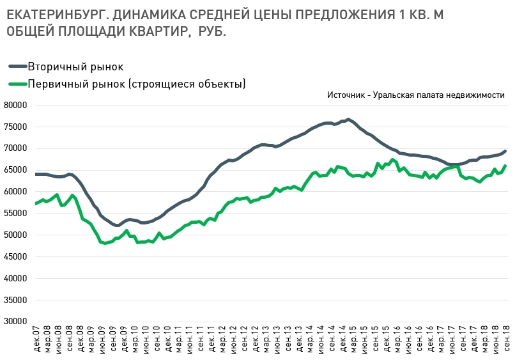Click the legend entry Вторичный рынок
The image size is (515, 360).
(x=75, y=67)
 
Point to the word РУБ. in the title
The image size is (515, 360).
(x=210, y=31)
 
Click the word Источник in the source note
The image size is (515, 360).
(x=346, y=95)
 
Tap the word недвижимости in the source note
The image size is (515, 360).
(x=476, y=95)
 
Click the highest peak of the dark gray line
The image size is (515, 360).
(x=348, y=119)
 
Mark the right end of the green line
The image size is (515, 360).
(x=505, y=166)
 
